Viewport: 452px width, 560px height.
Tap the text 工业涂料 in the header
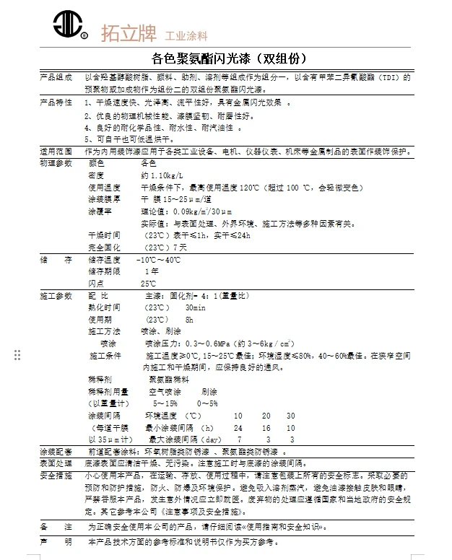187,35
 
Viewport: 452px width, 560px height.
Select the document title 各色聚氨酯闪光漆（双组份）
225,58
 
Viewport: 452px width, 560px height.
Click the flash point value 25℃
148,284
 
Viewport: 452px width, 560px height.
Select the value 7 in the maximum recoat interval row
239,439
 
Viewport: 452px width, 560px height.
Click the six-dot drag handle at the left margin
17,354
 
